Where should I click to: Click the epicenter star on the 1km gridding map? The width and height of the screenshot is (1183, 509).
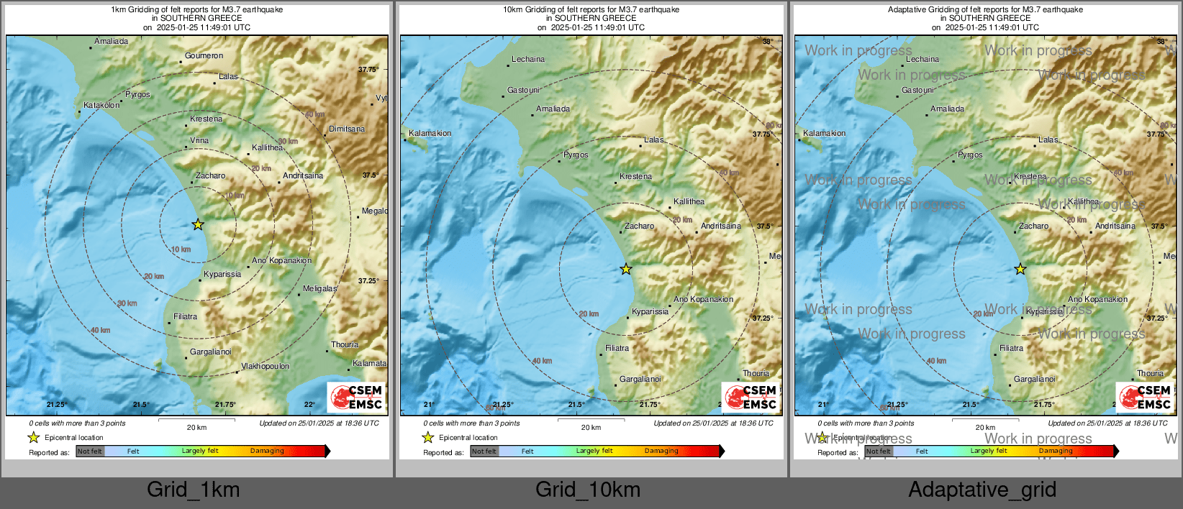coord(198,225)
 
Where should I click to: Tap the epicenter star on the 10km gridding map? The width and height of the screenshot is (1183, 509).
coord(626,269)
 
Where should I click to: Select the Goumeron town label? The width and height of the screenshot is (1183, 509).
coord(204,56)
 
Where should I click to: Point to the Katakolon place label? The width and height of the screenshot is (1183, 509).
coord(101,106)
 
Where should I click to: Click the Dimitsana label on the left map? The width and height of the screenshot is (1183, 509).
coord(347,129)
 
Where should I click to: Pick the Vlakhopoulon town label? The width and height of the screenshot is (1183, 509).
coord(265,367)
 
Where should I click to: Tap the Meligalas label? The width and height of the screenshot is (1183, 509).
coord(319,289)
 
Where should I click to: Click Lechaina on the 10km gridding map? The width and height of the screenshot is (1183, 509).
coord(527,60)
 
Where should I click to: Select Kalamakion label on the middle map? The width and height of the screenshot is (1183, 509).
coord(430,134)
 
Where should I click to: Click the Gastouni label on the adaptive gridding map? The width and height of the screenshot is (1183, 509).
coord(917,91)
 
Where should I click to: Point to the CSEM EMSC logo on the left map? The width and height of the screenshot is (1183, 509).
coord(357,397)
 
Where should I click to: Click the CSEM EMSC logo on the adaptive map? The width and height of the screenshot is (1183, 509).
coord(1146,397)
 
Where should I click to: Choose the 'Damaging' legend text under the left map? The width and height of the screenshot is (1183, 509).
coord(267,451)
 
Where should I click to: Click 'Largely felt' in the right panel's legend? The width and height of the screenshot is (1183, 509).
coord(988,451)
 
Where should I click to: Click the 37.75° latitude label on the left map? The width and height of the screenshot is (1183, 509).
coord(368,70)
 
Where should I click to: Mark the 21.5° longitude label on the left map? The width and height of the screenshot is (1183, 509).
coord(141,405)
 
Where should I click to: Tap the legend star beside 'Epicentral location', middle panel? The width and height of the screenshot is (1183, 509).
coord(428,437)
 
